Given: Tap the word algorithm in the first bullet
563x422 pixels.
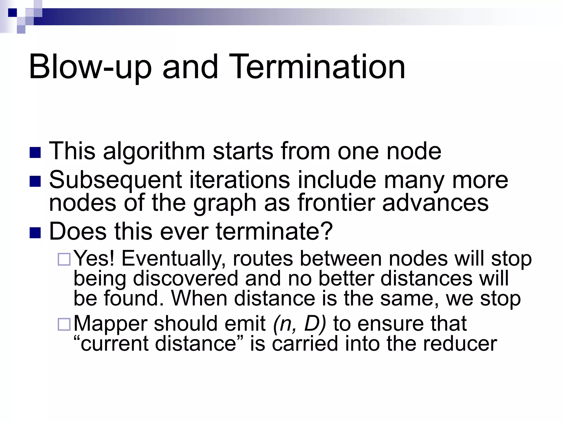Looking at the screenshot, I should pos(154,151).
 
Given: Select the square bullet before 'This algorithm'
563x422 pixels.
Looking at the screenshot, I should pos(35,152).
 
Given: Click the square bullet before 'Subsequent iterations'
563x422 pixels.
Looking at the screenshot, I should pos(35,181).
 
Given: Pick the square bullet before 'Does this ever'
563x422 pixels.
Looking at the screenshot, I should pos(35,232).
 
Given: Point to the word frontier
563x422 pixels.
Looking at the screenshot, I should pos(336,202).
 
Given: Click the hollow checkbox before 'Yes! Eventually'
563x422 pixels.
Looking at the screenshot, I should pos(64,259).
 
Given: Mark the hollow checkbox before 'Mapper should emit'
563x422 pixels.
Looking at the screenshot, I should pos(64,324).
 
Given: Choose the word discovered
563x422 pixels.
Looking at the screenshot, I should pos(186,279).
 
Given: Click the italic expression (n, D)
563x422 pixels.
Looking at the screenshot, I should pos(299,324).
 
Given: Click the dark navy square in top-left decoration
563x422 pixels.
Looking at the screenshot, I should pos(12,12).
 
